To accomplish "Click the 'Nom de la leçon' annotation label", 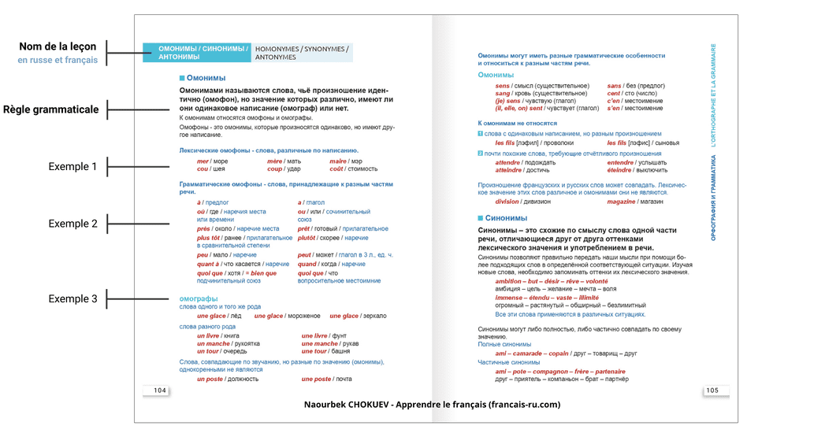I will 58,46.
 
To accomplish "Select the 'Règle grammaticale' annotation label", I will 51,109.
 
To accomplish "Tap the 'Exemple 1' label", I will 72,167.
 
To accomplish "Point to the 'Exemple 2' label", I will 72,224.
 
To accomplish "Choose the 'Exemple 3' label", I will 72,299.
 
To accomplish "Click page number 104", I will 160,391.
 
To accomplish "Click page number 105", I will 712,391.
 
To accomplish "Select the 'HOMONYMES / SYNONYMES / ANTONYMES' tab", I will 302,53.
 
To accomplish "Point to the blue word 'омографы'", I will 199,298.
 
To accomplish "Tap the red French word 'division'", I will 507,202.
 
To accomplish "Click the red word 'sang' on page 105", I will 502,93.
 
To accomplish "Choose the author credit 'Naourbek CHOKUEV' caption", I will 432,405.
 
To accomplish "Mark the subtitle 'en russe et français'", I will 58,60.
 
